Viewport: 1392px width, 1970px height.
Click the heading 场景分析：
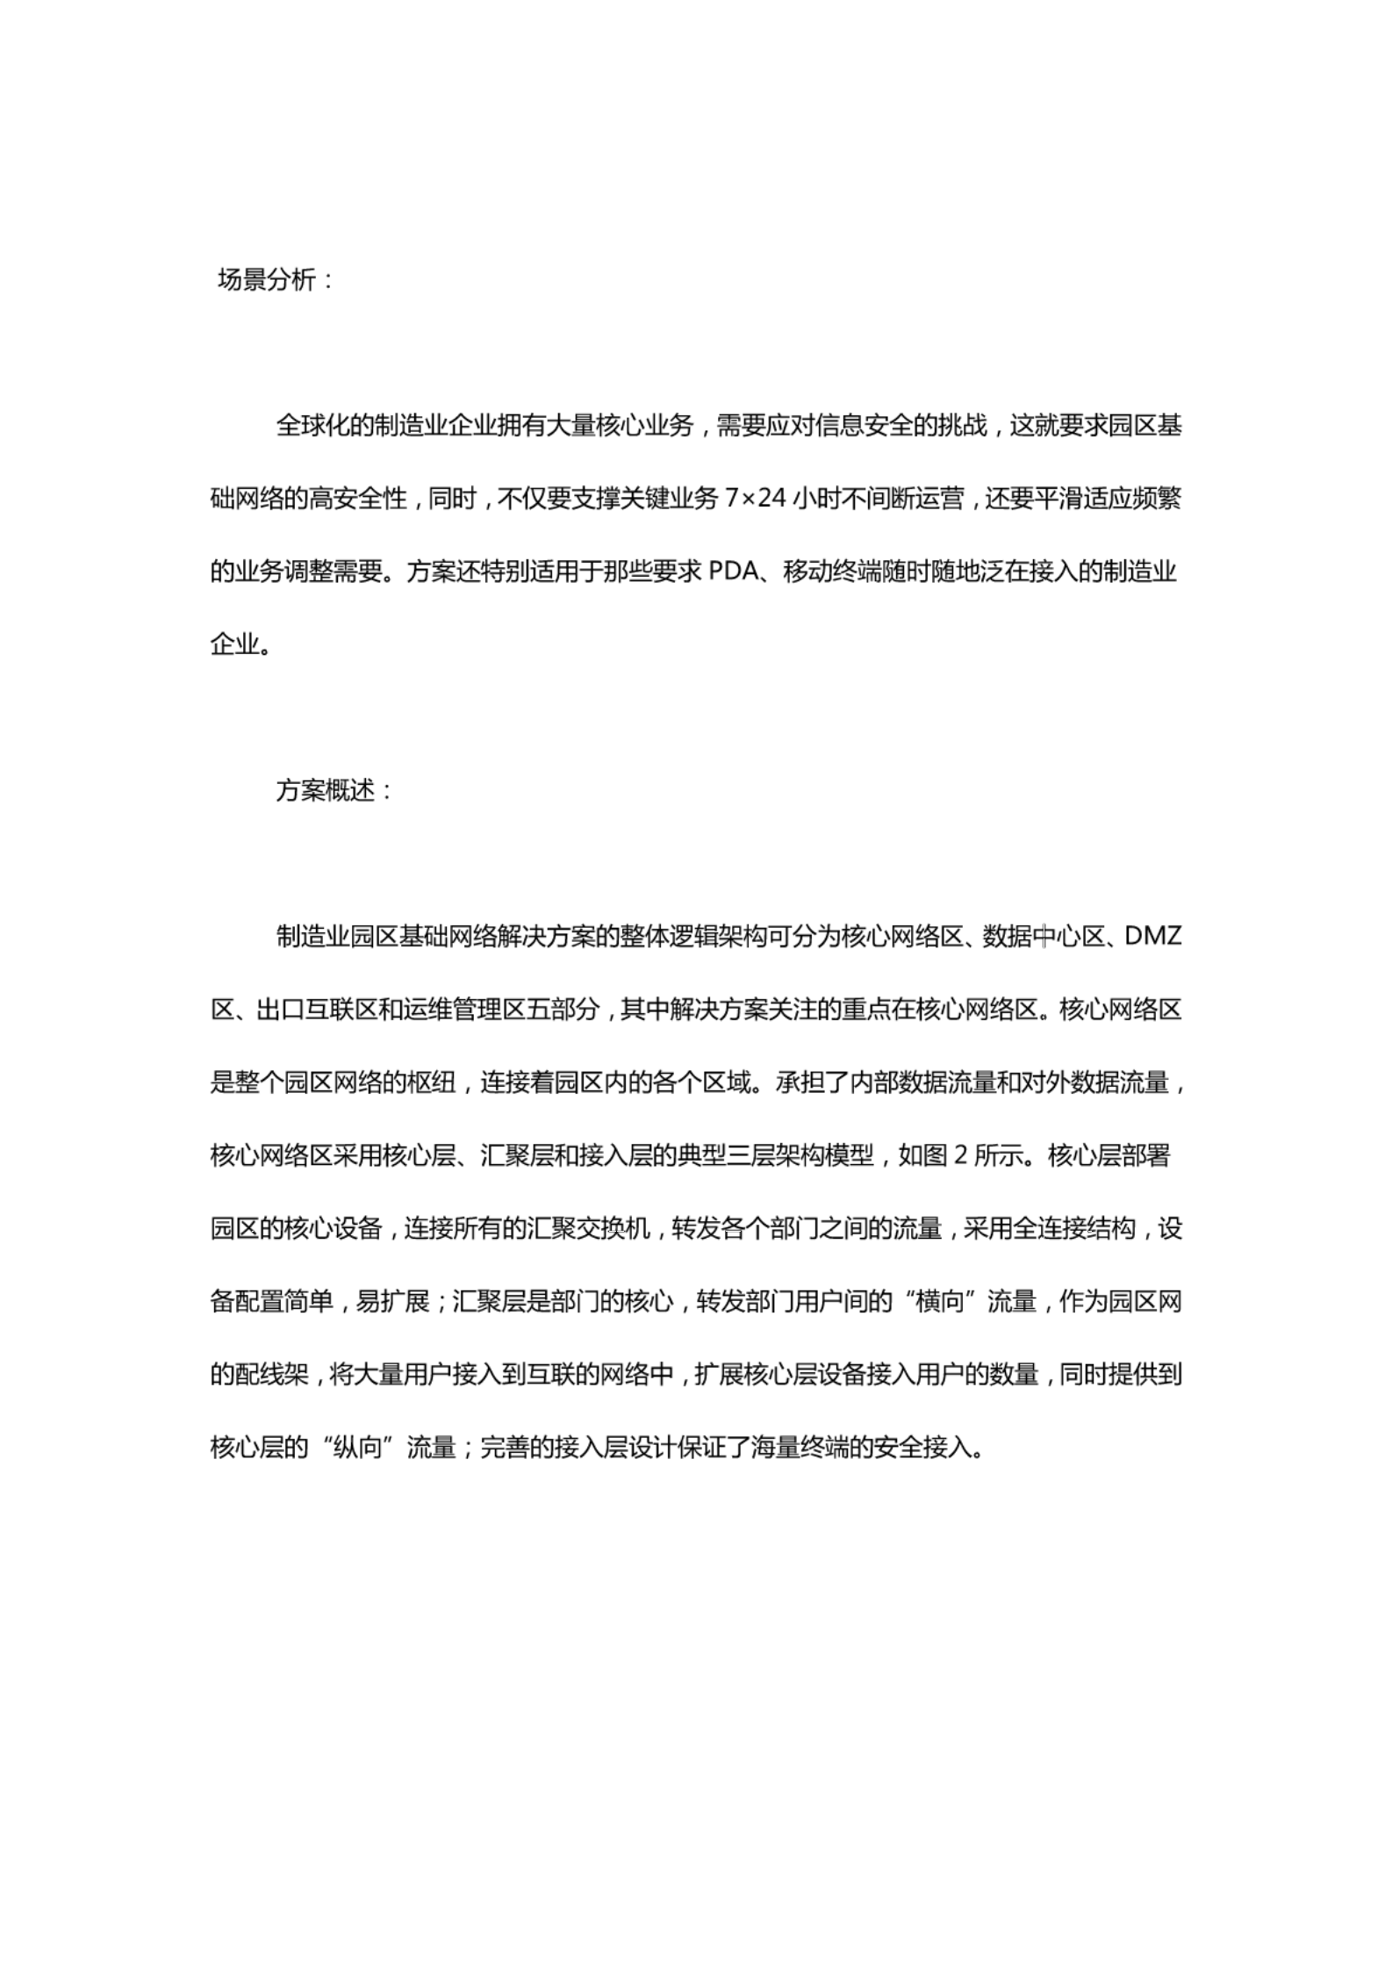(x=276, y=281)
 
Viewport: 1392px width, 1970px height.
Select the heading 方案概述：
(x=335, y=791)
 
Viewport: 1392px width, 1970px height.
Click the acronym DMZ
(x=1153, y=937)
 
